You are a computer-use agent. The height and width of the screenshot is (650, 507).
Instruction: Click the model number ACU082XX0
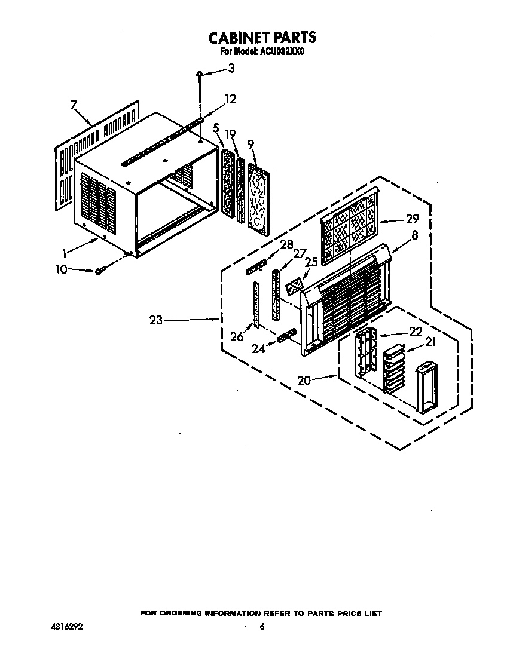[282, 52]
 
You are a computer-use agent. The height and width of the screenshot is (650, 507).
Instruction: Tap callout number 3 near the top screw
[231, 68]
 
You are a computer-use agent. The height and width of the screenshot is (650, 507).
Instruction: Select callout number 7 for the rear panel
[74, 105]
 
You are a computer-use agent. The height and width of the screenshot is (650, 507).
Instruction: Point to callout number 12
[230, 99]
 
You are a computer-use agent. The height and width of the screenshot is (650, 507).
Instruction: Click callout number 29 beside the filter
[412, 219]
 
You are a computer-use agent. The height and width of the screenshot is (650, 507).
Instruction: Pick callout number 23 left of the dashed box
[156, 320]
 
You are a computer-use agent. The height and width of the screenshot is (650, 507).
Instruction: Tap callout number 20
[304, 380]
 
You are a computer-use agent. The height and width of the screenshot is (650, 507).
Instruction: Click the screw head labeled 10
[99, 271]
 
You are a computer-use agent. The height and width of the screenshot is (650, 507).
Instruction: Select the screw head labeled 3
[200, 74]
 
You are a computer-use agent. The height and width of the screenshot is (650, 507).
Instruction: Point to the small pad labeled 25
[295, 286]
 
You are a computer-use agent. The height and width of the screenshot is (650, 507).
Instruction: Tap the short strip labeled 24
[288, 335]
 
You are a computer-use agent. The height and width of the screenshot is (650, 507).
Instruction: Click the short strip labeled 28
[256, 267]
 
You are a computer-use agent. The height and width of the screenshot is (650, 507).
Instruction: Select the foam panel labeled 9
[258, 197]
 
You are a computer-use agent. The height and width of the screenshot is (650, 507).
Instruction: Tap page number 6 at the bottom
[262, 627]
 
